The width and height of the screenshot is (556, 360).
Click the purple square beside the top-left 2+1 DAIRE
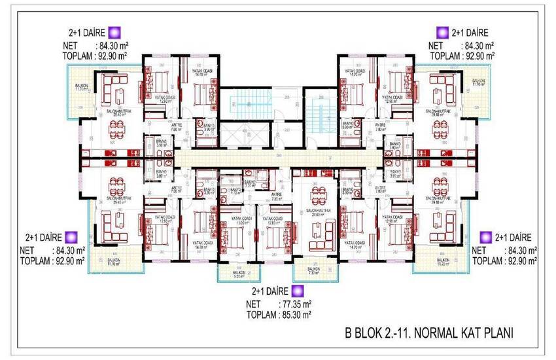click(x=114, y=31)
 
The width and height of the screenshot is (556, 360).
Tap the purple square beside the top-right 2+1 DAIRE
click(x=442, y=31)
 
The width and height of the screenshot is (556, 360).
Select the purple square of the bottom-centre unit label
click(x=298, y=290)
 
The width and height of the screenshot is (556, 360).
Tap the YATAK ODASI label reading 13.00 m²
click(x=236, y=220)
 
